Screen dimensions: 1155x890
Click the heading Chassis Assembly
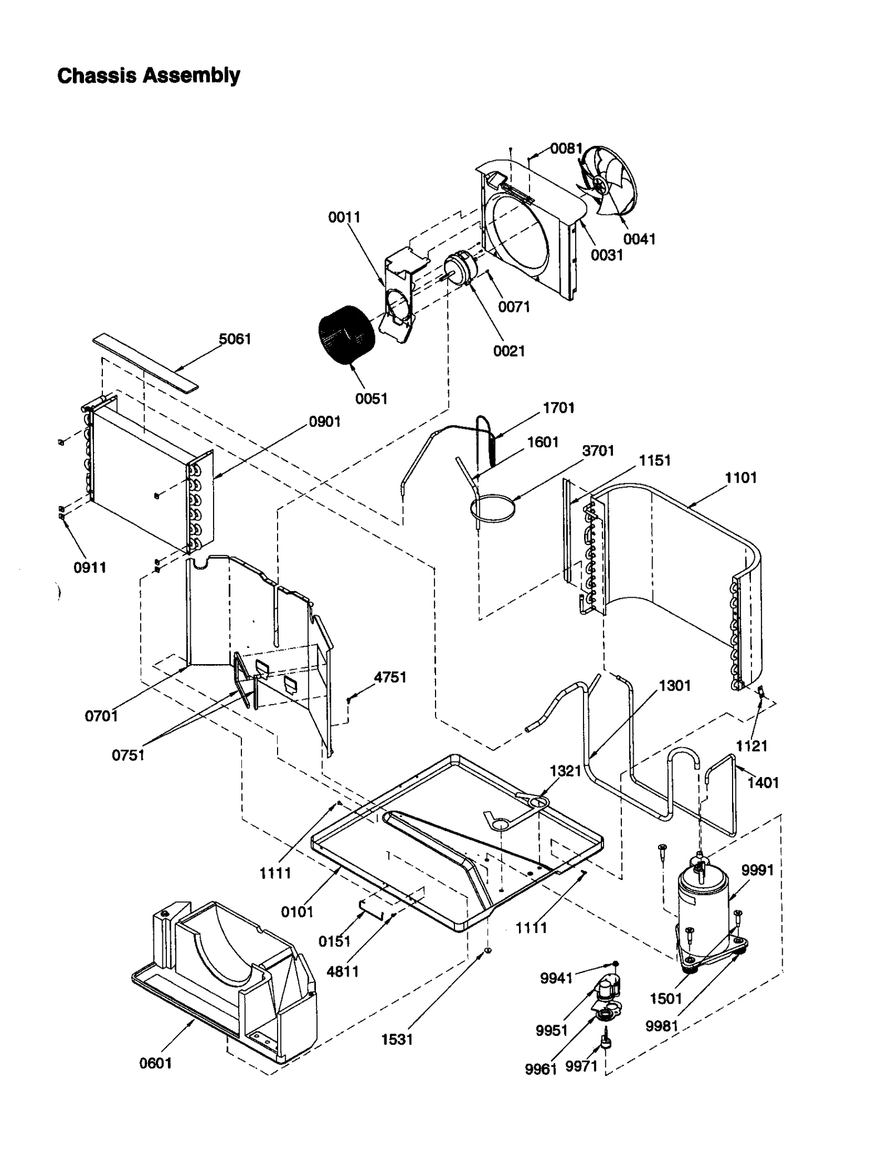(149, 75)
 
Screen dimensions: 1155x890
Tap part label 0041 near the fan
(639, 239)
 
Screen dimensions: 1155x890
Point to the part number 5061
(235, 338)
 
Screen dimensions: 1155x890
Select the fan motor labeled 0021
(460, 270)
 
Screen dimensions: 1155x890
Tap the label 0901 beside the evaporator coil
(324, 421)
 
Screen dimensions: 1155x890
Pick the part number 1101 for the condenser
(740, 477)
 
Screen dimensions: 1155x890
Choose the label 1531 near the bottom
(397, 1039)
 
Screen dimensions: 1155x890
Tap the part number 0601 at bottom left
(156, 1063)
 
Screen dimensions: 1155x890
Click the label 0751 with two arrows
(128, 755)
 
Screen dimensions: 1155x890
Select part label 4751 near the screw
(390, 677)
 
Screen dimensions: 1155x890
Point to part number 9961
(540, 1069)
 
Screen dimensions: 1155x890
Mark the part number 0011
(344, 217)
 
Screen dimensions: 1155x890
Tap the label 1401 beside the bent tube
(763, 783)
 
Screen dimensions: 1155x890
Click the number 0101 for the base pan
(297, 912)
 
